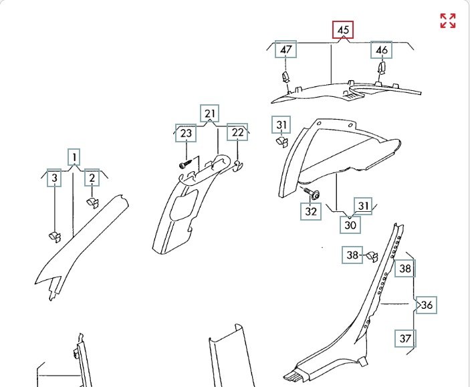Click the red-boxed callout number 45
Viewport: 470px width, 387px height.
tap(343, 30)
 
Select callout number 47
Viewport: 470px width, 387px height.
tap(286, 50)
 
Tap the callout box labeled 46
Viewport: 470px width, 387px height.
tap(382, 50)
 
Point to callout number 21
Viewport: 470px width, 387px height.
tap(210, 114)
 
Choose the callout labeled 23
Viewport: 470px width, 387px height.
tap(186, 133)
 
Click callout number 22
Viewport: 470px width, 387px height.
tap(237, 132)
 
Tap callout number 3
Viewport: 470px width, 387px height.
tap(55, 178)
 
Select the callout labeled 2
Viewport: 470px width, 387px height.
tap(92, 178)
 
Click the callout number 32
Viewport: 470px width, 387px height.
tap(310, 212)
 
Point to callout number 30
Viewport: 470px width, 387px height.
tap(350, 225)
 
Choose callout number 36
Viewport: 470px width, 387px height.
tap(427, 305)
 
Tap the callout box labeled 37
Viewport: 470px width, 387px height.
tap(405, 338)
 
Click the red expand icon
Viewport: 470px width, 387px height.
tap(448, 21)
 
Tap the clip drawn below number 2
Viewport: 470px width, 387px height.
tap(92, 200)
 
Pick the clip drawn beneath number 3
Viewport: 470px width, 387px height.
tap(55, 235)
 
